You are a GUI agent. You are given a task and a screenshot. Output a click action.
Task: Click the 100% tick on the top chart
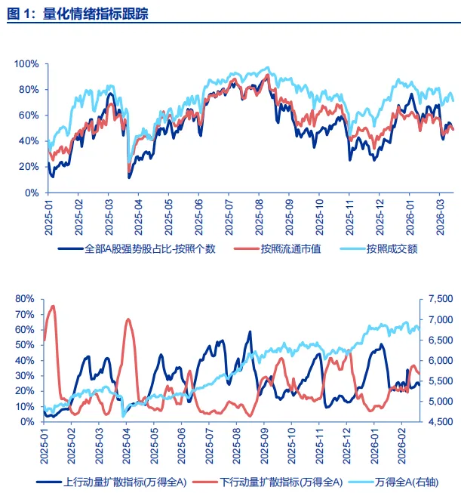tap(26, 63)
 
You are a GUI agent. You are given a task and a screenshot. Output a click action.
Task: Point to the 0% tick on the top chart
tap(31, 192)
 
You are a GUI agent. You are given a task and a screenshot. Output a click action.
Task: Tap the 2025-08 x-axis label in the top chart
tap(260, 214)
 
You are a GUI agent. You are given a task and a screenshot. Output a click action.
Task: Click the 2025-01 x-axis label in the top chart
tap(48, 214)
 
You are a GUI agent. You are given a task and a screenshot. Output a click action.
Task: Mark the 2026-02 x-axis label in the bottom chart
tap(401, 443)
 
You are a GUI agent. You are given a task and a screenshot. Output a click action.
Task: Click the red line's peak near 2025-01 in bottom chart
tap(53, 306)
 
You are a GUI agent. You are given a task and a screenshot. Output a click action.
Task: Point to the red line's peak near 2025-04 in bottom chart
tap(128, 319)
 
